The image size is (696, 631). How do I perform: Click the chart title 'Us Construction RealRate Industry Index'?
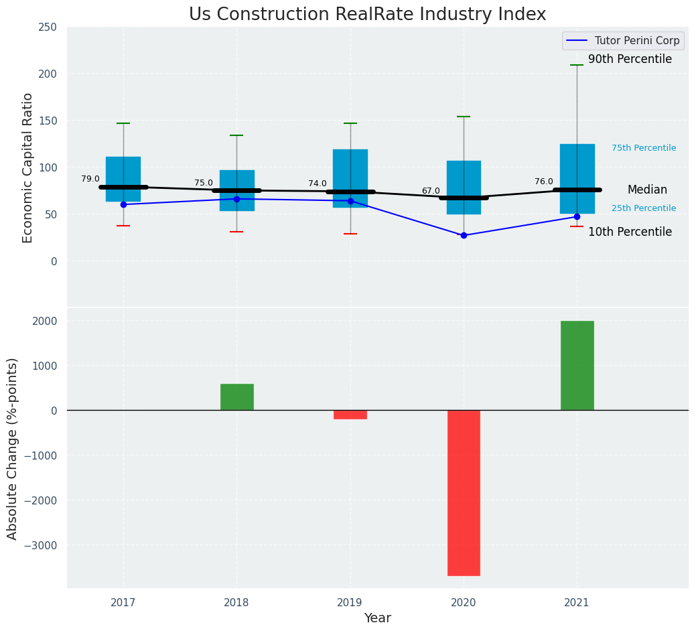367,15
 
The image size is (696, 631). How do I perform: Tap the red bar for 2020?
464,492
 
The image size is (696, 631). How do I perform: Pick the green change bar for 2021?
577,365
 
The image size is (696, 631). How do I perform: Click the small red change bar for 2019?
350,415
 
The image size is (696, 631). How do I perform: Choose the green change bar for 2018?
236,397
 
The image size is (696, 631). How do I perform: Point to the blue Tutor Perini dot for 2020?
464,236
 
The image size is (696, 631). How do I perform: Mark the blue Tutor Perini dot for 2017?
123,204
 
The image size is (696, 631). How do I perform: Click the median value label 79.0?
90,180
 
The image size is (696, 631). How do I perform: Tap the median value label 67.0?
431,192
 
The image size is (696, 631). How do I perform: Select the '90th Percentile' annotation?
630,60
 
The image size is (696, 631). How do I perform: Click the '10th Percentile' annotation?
630,232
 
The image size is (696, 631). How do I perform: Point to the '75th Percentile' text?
644,148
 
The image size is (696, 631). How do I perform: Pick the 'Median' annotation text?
647,190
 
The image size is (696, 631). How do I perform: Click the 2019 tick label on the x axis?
350,603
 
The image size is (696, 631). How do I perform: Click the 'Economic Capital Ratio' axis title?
28,167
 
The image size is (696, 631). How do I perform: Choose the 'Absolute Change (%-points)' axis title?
13,448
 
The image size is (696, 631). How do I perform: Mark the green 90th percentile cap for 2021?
577,65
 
